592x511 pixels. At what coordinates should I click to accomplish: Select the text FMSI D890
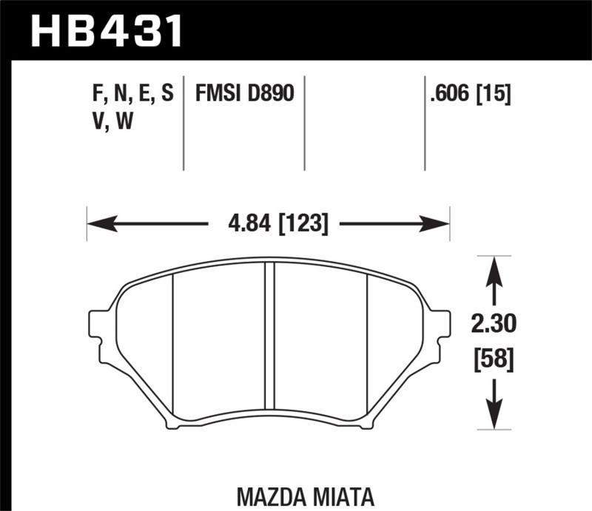244,94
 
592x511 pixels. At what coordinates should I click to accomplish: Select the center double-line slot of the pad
270,340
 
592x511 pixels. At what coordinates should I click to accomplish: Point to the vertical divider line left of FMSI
184,122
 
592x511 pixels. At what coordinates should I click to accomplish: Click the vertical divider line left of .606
425,122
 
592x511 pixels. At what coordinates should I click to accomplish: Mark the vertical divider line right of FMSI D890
305,122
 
